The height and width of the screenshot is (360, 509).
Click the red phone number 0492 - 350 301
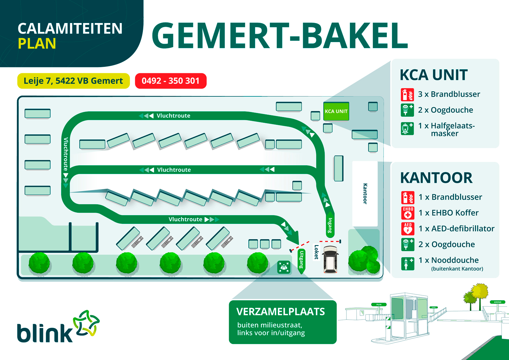click(170, 81)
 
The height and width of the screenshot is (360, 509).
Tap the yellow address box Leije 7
click(73, 81)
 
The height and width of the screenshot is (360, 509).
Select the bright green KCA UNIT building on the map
click(336, 111)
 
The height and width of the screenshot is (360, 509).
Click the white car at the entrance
click(331, 260)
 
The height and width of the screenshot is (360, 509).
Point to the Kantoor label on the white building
click(365, 194)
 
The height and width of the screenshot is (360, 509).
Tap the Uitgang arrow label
click(301, 260)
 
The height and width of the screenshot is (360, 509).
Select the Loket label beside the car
click(316, 252)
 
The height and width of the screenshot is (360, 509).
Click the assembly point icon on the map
click(284, 267)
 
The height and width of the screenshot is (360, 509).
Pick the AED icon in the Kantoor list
click(408, 229)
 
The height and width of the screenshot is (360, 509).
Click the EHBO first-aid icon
click(408, 213)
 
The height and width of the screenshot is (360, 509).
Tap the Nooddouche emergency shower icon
click(408, 263)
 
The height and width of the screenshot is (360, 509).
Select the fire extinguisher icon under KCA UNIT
click(407, 95)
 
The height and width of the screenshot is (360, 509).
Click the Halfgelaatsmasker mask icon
click(407, 129)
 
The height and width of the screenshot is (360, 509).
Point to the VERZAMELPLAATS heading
click(281, 311)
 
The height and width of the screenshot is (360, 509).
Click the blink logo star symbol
click(86, 323)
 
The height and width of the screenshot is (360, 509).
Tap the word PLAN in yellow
click(37, 44)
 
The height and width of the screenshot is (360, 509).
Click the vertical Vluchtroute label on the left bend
click(66, 154)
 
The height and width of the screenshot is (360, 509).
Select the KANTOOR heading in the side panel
click(436, 178)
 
